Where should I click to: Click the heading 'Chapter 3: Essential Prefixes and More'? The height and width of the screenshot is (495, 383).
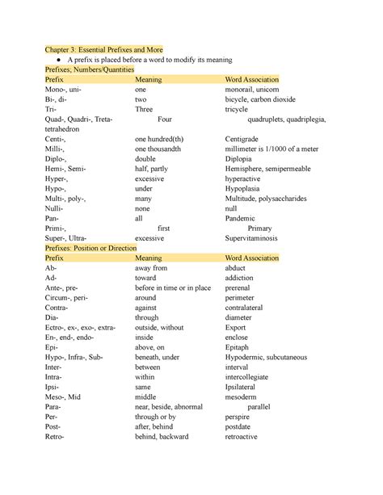point(104,48)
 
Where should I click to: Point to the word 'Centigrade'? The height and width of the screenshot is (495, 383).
point(245,137)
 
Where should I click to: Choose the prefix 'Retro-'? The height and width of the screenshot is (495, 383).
point(58,436)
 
